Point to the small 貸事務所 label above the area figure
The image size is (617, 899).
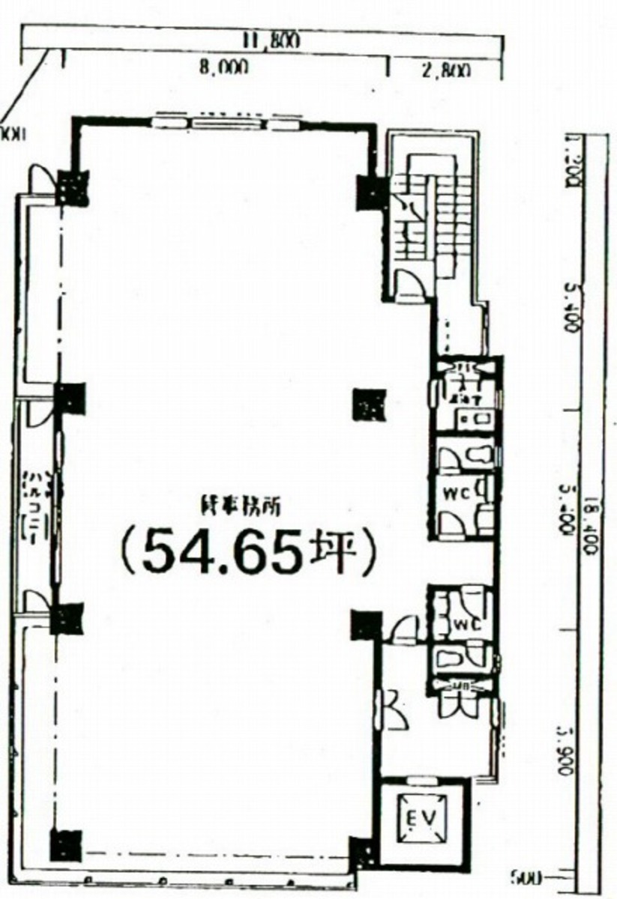(240, 507)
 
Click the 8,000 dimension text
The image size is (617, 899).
(223, 68)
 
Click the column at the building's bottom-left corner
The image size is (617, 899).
(64, 845)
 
